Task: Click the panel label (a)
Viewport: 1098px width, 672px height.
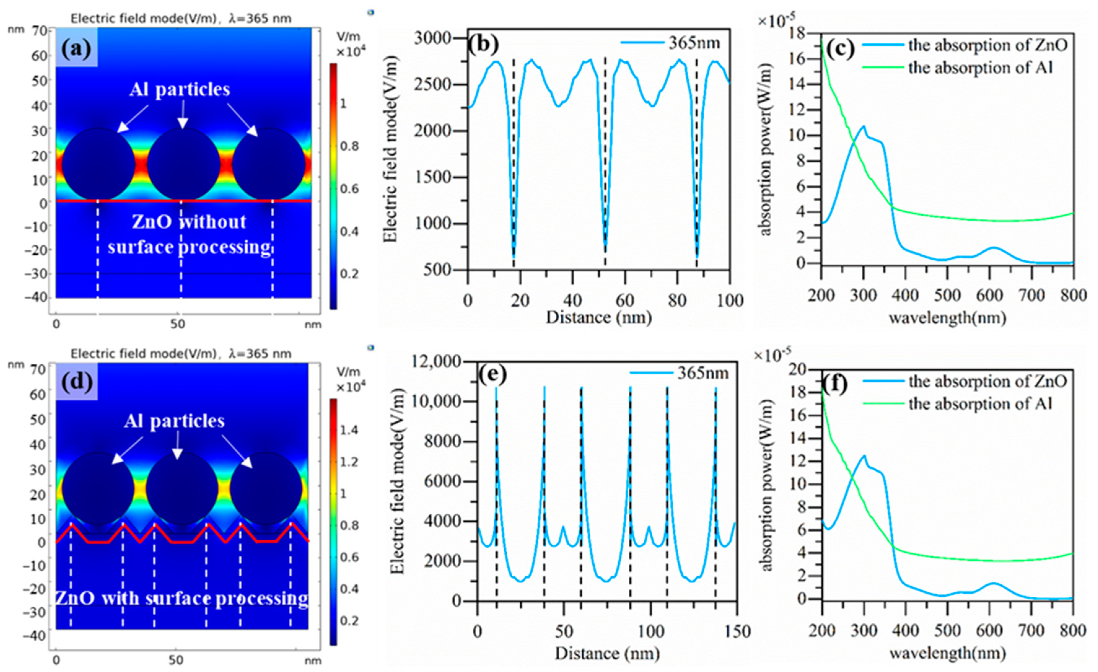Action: click(x=76, y=49)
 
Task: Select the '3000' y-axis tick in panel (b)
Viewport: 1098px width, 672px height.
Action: click(x=433, y=38)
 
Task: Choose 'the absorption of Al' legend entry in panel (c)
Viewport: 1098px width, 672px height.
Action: click(x=980, y=68)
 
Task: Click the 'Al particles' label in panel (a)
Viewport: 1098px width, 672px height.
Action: click(x=180, y=90)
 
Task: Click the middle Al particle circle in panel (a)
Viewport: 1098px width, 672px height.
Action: click(x=183, y=164)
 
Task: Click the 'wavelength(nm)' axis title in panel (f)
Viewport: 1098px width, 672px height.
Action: click(x=947, y=653)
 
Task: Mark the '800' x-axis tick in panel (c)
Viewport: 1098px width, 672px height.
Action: click(x=1073, y=296)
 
